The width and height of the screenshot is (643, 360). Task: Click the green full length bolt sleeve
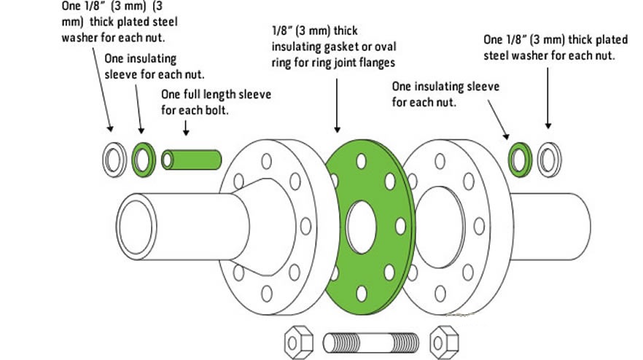tap(192, 159)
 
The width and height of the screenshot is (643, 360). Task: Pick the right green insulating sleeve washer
tap(520, 159)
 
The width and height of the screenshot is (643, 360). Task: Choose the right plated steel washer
tap(549, 160)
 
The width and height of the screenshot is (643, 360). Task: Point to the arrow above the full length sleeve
tap(186, 128)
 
